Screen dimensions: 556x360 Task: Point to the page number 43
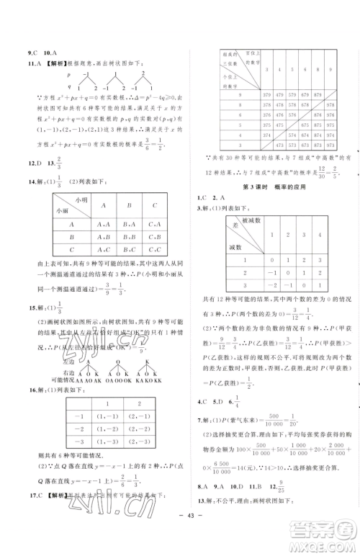click(x=180, y=541)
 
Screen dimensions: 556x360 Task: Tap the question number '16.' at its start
click(x=30, y=391)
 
